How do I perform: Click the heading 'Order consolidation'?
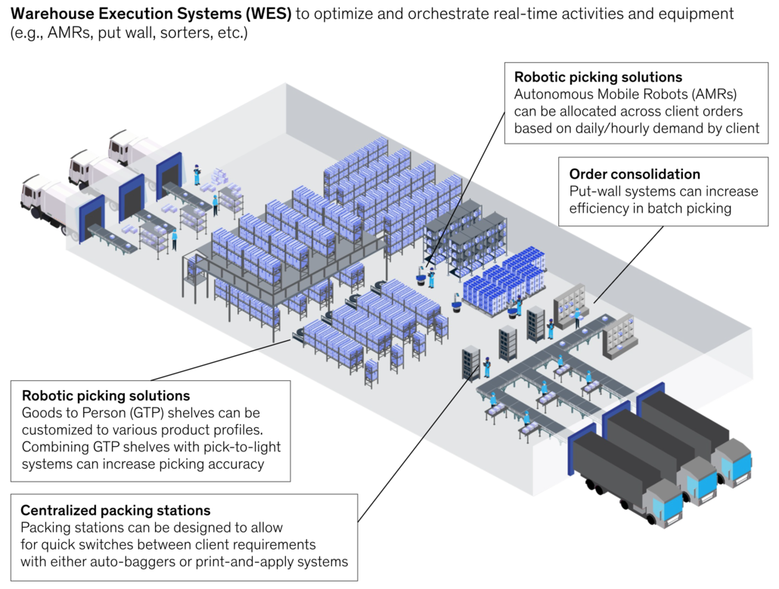(635, 175)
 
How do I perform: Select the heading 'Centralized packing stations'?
(115, 510)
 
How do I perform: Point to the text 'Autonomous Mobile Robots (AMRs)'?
(625, 95)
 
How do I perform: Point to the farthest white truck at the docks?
(132, 150)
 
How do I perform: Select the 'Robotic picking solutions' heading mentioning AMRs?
(597, 77)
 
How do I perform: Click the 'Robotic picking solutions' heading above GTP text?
(106, 395)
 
